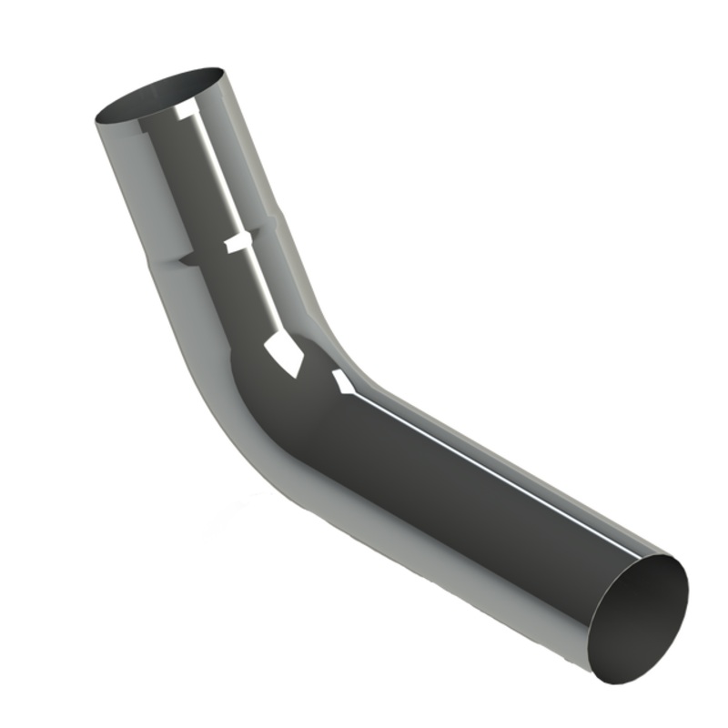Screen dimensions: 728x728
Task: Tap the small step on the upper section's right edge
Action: (277, 218)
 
